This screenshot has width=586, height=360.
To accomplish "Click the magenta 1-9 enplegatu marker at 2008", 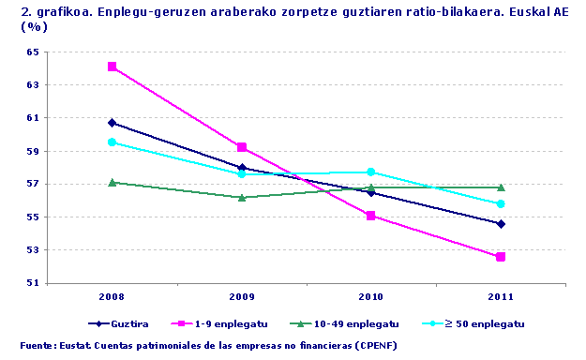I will (113, 67).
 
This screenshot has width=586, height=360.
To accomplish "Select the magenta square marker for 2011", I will (501, 257).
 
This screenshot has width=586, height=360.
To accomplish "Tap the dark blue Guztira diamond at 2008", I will (113, 123).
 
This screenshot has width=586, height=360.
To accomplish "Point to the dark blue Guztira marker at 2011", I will (501, 224).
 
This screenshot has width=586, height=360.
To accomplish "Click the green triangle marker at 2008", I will (113, 182).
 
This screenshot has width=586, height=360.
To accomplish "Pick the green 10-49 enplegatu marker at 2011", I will (501, 187).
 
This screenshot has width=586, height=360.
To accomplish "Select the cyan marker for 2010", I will (371, 172).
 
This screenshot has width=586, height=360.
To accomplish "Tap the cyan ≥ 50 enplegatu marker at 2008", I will (113, 142).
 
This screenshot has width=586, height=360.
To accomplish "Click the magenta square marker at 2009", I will (242, 147).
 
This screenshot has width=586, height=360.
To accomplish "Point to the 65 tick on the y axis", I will (33, 52).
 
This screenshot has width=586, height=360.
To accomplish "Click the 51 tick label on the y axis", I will (33, 283).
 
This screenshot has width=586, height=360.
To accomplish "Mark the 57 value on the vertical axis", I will (33, 184).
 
